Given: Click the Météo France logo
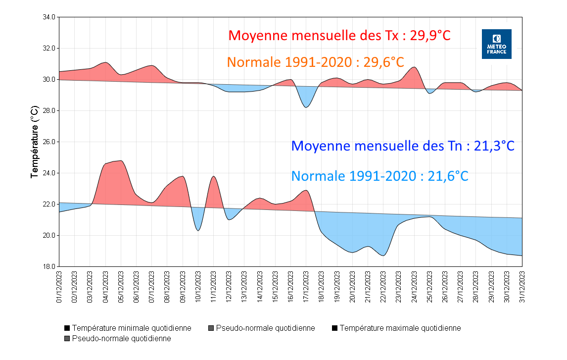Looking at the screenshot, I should [x=496, y=44].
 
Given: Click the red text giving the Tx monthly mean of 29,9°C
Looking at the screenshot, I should [x=339, y=36].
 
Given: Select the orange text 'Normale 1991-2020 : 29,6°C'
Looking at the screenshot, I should [x=316, y=62].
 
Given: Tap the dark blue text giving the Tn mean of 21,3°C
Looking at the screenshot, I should [x=403, y=146].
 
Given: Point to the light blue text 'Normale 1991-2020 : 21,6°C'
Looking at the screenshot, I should [x=379, y=176].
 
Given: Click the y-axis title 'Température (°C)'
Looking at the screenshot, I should [x=34, y=142].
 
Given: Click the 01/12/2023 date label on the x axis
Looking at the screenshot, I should [x=59, y=286].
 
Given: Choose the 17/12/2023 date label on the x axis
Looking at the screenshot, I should [x=306, y=286].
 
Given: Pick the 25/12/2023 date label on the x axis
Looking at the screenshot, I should [x=429, y=286].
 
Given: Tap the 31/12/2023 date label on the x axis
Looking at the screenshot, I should [x=522, y=286].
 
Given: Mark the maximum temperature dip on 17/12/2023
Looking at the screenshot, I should [x=306, y=107].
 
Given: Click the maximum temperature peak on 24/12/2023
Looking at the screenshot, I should [x=414, y=67].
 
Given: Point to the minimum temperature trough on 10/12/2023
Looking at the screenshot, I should [x=198, y=230].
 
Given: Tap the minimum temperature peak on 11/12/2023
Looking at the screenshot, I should [x=214, y=177].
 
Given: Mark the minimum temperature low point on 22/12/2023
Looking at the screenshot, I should [x=383, y=256].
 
